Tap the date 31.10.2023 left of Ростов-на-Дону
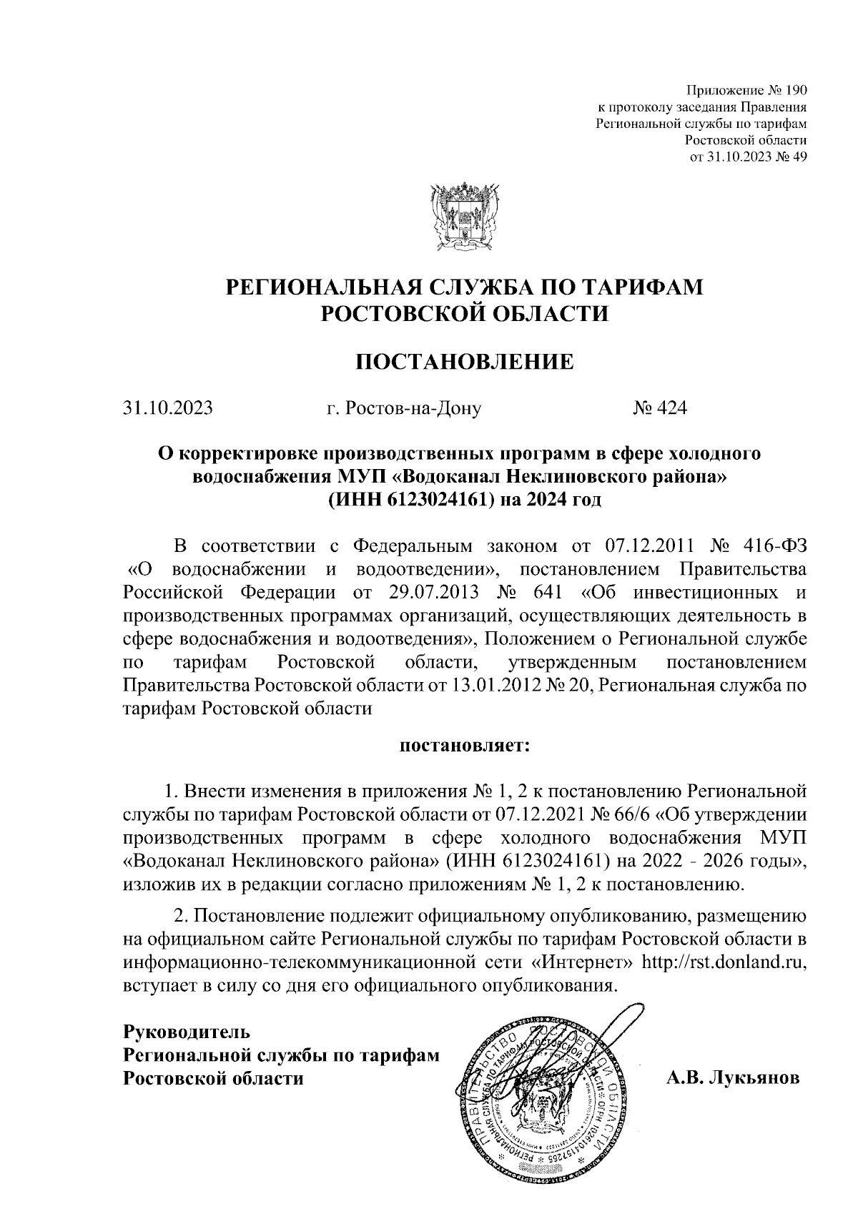click(x=167, y=408)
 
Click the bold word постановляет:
click(x=465, y=746)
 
